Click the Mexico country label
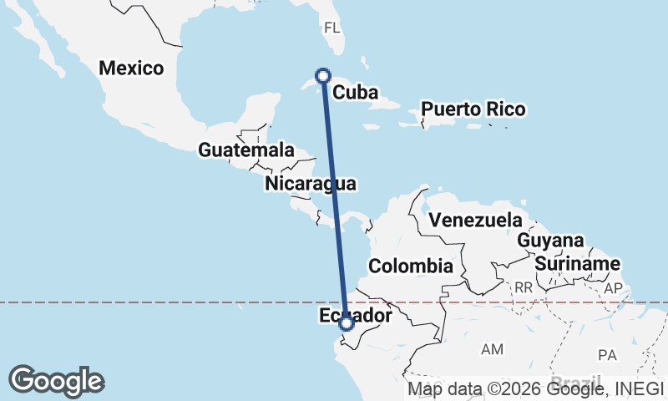pos(131,69)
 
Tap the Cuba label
pos(356,93)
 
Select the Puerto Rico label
pos(473,109)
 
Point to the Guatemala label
pos(246,150)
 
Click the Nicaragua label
pos(311,183)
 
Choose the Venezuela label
pos(474,221)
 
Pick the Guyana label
pos(550,241)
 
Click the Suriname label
pos(578,264)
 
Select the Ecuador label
pos(355,316)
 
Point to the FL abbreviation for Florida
pos(332,28)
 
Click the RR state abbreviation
pos(524,287)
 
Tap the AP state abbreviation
pos(614,287)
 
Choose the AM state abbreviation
pos(492,348)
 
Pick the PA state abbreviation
pos(607,355)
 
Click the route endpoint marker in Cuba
pos(322,76)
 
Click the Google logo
pos(56,381)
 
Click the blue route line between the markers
pos(334,200)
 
